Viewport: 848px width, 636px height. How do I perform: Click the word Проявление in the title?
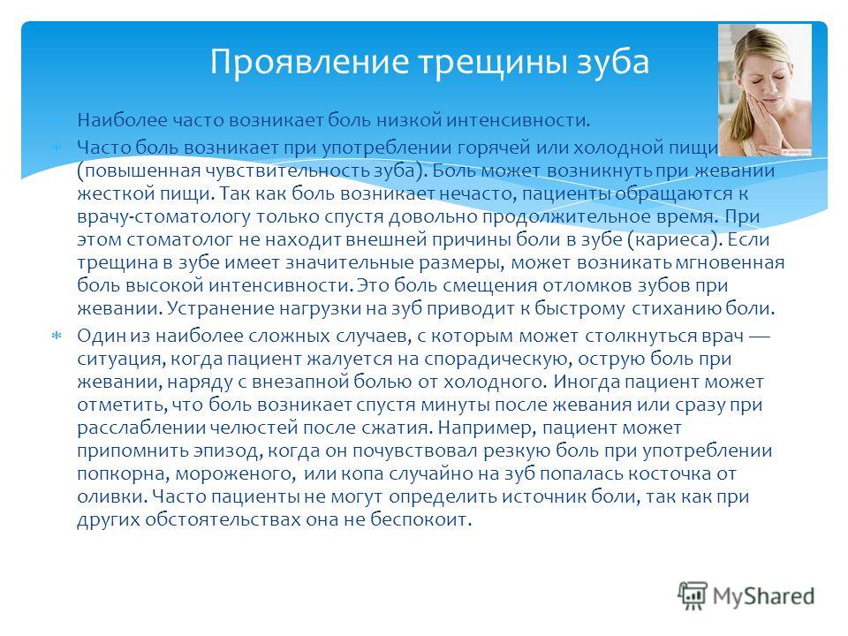(x=309, y=62)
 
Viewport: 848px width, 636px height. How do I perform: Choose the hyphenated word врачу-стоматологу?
(x=164, y=217)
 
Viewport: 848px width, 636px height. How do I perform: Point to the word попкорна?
(x=124, y=473)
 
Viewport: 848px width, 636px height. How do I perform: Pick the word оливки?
(x=112, y=496)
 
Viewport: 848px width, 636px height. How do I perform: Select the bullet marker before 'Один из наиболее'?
(x=56, y=336)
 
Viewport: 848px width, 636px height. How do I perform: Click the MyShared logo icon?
(x=693, y=596)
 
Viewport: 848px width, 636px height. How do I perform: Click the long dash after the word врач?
(x=759, y=337)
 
